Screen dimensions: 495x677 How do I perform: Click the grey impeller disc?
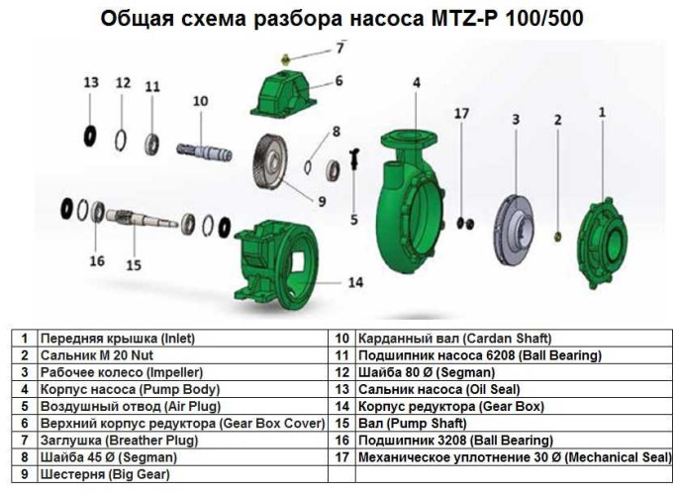coord(516,226)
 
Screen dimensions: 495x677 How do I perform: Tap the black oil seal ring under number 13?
coord(91,132)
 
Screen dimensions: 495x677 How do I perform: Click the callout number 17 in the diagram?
coord(461,114)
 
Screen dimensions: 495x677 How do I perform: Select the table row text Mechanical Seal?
coord(514,456)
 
